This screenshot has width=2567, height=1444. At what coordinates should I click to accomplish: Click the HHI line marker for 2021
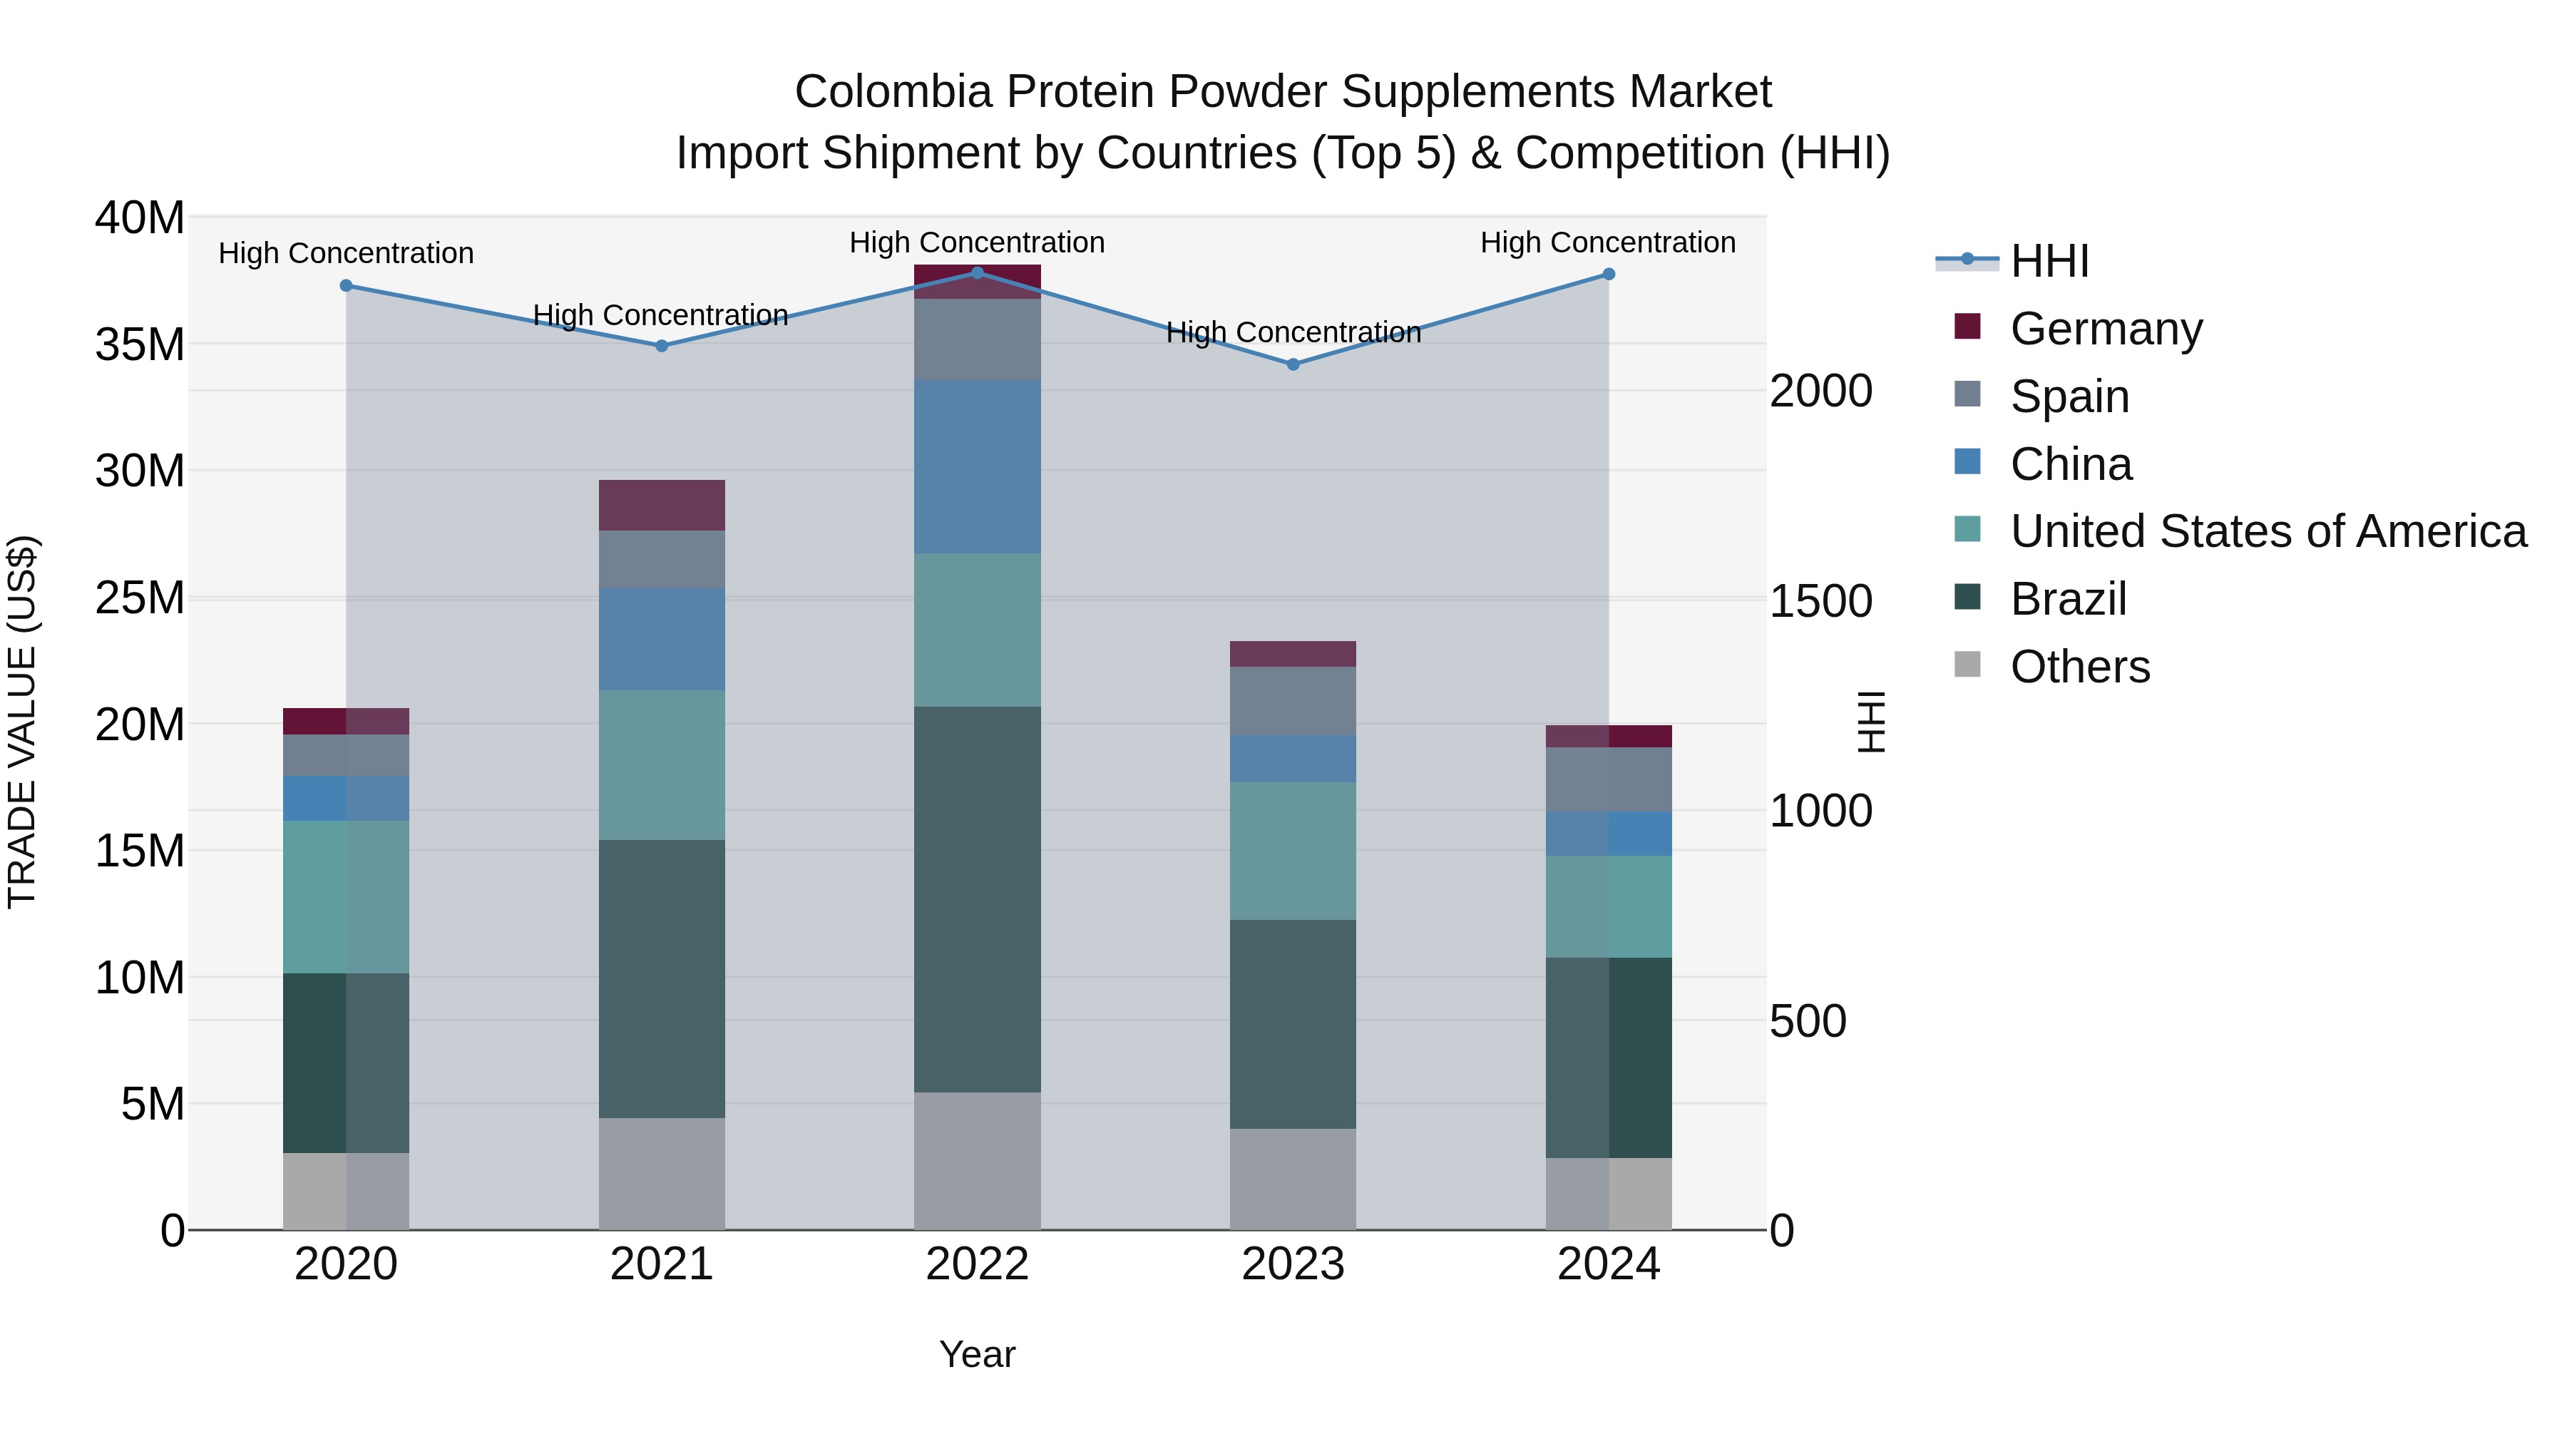[x=661, y=346]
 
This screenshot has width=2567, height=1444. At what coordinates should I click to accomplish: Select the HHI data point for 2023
[x=1293, y=364]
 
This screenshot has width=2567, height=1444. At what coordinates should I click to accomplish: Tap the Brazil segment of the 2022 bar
[x=977, y=899]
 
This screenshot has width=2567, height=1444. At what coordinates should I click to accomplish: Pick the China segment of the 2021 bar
[x=661, y=639]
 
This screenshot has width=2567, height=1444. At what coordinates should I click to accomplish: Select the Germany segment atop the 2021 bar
[x=661, y=506]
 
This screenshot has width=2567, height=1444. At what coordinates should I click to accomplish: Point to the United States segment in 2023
[x=1293, y=850]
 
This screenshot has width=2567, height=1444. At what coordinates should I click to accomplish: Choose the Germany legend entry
[x=2105, y=329]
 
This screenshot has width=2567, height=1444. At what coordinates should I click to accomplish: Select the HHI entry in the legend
[x=2048, y=261]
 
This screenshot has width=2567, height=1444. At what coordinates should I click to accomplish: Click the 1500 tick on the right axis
[x=1820, y=601]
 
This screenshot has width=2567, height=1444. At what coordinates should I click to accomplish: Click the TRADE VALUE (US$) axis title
[x=22, y=722]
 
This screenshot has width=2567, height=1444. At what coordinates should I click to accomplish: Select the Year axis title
[x=977, y=1354]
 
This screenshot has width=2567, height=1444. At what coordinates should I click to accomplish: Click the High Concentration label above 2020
[x=346, y=253]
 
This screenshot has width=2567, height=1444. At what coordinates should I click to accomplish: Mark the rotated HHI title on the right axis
[x=1872, y=722]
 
